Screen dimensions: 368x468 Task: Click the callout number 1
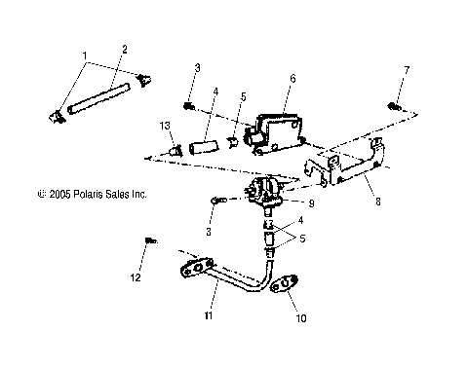point(85,55)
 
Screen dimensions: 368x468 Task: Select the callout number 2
point(124,49)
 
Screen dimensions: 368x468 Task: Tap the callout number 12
point(136,278)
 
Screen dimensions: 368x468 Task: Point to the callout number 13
point(166,127)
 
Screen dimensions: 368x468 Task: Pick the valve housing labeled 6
point(267,131)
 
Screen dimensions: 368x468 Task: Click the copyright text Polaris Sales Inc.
point(91,195)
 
